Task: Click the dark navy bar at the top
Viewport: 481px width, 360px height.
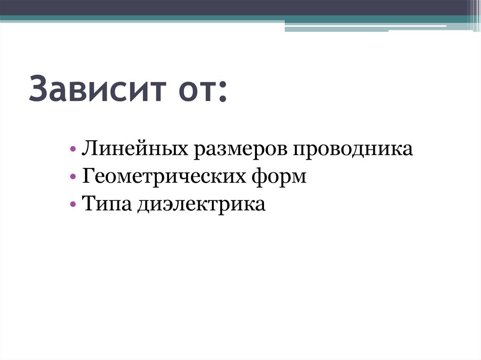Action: tap(235, 7)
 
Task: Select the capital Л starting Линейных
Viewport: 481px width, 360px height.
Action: tap(89, 150)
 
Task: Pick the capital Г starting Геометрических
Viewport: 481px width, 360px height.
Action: tap(88, 177)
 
